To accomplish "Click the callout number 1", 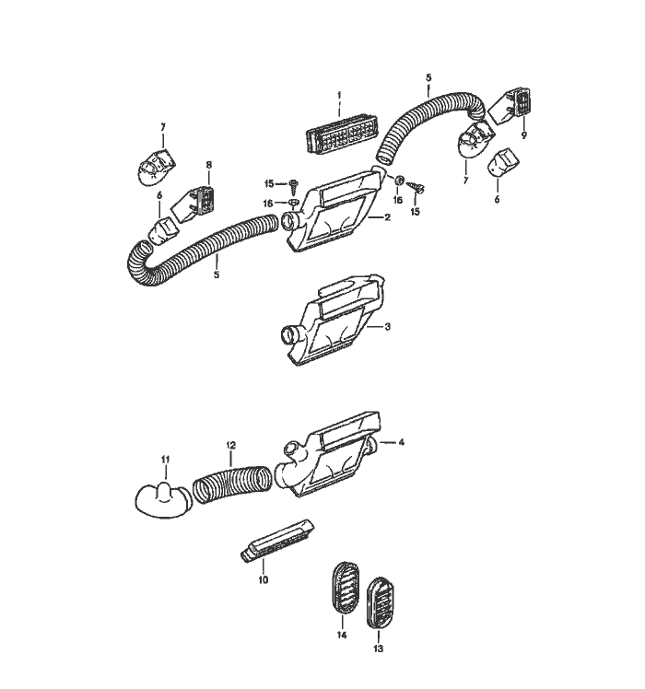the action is pos(339,95).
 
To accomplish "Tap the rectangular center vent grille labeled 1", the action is pos(341,133).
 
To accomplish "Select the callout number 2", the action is pos(387,217).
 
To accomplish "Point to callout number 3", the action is pos(387,327).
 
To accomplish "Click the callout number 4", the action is pos(401,442).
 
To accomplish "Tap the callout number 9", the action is pos(523,135).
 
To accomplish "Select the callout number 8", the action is pos(209,165).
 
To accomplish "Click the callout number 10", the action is pos(263,580).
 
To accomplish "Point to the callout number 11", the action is pos(165,460).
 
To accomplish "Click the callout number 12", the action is pos(231,445).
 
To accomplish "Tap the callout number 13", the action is pos(378,648).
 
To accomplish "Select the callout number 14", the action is pos(342,635).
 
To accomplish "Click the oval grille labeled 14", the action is pos(346,588).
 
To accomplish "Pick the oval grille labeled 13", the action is pos(381,602).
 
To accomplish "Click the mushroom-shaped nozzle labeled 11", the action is pos(164,502).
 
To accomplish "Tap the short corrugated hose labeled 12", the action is pos(232,485).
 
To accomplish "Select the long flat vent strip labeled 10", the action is pos(277,540).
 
